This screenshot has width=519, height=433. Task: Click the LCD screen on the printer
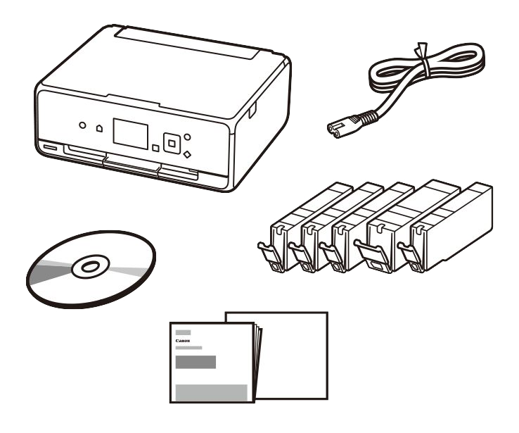pyautogui.click(x=130, y=133)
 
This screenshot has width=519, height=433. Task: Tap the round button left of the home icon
pyautogui.click(x=82, y=125)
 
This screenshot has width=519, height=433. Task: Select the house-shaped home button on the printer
pyautogui.click(x=99, y=128)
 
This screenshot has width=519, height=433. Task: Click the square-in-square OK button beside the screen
pyautogui.click(x=172, y=144)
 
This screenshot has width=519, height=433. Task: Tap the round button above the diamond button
pyautogui.click(x=187, y=137)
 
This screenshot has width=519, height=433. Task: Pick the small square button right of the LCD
pyautogui.click(x=155, y=148)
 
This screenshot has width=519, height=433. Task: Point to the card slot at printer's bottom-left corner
pyautogui.click(x=50, y=146)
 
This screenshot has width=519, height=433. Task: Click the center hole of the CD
pyautogui.click(x=90, y=267)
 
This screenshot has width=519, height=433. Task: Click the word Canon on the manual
pyautogui.click(x=183, y=341)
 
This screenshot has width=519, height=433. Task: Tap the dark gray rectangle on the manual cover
pyautogui.click(x=196, y=362)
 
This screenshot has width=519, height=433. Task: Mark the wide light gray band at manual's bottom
pyautogui.click(x=211, y=393)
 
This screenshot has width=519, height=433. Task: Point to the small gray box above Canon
pyautogui.click(x=183, y=332)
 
